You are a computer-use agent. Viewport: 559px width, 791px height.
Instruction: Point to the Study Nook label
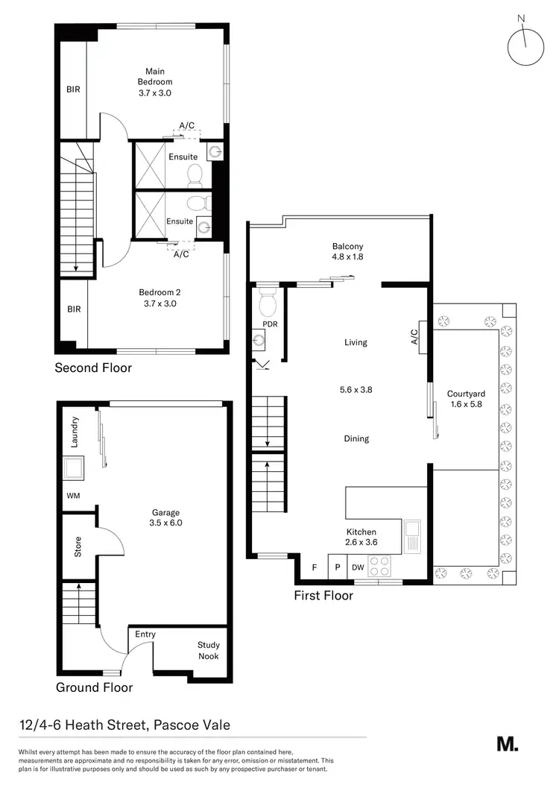209,650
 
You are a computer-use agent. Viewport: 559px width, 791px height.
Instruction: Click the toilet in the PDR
266,303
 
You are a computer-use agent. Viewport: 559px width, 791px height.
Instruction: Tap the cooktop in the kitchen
380,567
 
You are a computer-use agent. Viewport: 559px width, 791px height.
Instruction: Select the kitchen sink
412,532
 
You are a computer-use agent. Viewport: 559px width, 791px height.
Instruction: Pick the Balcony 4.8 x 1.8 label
348,252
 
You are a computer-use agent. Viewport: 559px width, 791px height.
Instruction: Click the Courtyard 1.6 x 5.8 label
466,400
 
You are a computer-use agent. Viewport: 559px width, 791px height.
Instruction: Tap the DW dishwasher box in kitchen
358,568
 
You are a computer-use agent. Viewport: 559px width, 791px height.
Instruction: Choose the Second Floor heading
93,368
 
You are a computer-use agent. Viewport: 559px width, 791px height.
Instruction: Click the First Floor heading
323,596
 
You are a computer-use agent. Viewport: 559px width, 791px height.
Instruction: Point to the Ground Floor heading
95,687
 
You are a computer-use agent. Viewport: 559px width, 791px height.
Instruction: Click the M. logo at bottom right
507,743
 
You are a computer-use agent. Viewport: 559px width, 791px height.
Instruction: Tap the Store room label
78,546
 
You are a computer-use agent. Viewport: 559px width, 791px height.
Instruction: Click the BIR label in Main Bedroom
73,89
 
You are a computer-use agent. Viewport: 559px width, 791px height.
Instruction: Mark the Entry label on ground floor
145,634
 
